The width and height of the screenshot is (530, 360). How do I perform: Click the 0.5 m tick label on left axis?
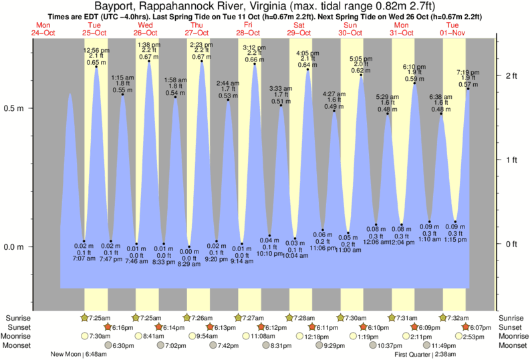coord(15,108)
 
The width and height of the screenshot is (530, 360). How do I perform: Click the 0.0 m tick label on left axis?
coord(15,246)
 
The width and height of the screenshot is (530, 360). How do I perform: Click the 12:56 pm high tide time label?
coord(96,50)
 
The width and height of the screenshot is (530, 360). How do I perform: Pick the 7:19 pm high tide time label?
coord(467,72)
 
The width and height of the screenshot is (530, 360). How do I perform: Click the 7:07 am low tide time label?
coord(84,258)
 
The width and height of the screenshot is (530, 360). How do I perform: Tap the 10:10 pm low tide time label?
coord(270,254)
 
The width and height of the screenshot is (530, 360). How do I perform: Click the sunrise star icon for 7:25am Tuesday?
coord(84,317)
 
